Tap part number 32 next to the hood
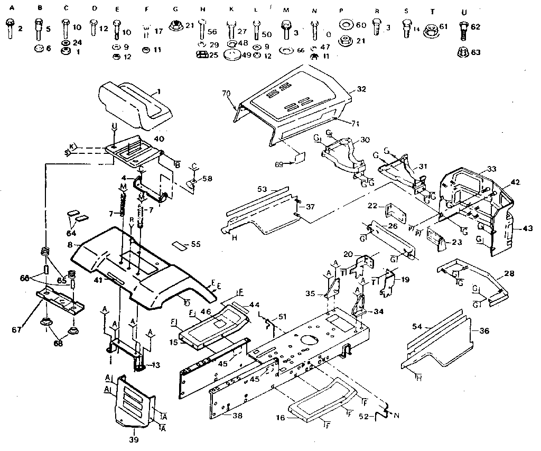tap(361, 89)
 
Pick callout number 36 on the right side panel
tap(484, 331)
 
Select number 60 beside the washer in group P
tap(361, 26)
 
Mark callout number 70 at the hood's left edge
tap(227, 94)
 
